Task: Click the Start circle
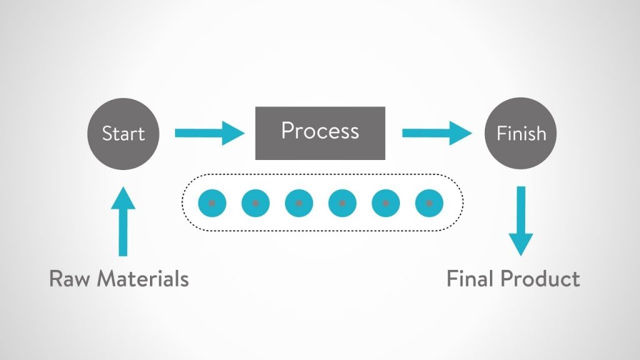123,134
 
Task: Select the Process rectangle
320,133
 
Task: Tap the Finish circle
521,134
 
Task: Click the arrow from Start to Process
209,133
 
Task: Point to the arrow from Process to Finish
437,133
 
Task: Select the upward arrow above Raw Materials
123,222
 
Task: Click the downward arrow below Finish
521,221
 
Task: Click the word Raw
70,279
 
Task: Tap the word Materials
143,279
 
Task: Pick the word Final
471,279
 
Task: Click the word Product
541,279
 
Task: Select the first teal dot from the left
212,203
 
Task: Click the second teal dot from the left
256,203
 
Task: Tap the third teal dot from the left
299,203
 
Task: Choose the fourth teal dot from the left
342,203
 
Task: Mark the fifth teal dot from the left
386,203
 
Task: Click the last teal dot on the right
429,203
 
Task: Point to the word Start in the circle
123,134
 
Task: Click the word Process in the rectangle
320,131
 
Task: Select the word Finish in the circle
521,133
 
